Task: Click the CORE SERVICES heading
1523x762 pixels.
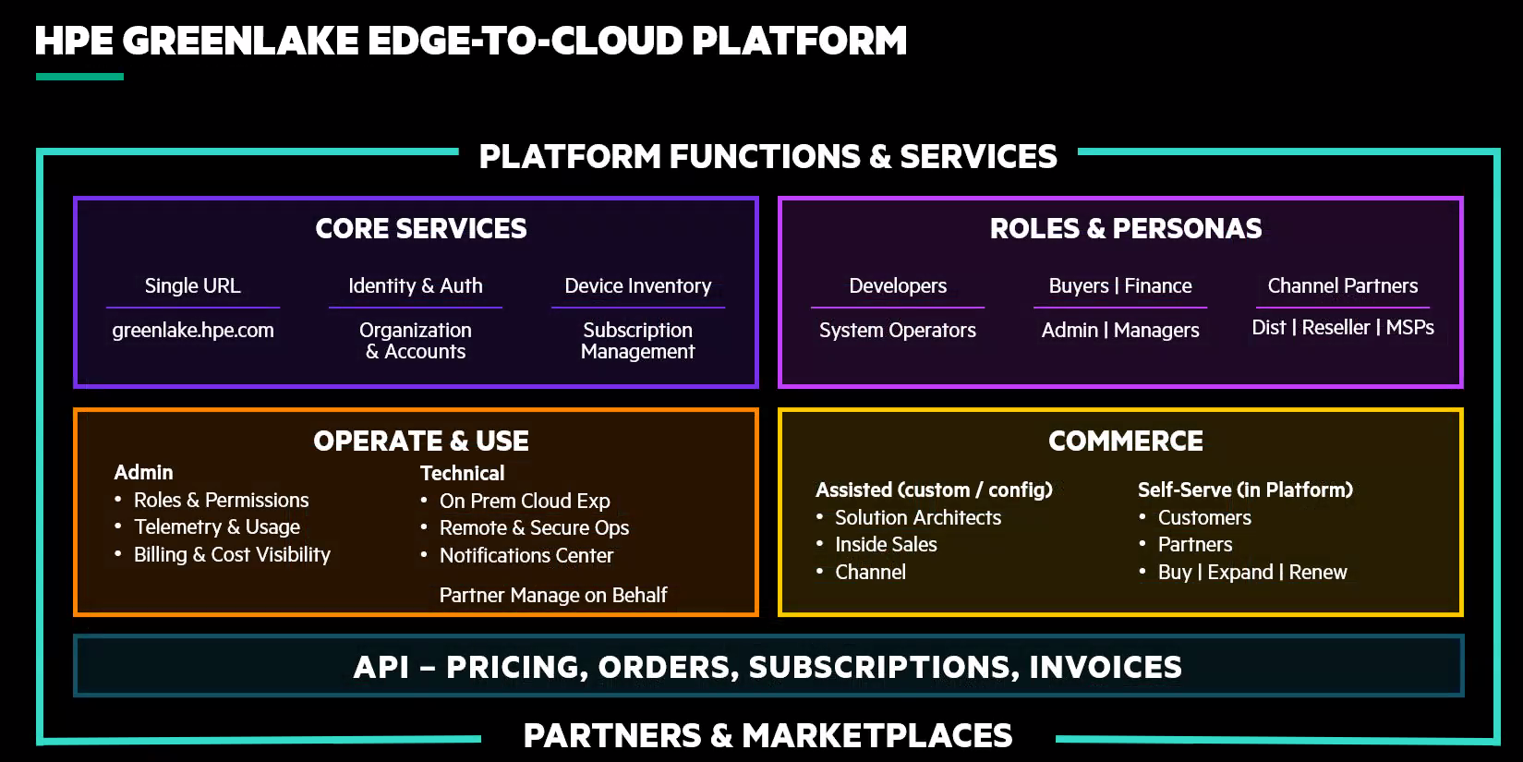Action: tap(421, 229)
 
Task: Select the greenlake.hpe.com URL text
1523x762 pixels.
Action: tap(193, 331)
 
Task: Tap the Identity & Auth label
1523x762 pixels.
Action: tap(416, 286)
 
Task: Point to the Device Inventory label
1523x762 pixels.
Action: tap(638, 286)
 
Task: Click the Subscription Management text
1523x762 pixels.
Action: tap(637, 341)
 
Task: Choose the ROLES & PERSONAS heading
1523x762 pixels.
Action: tap(1125, 229)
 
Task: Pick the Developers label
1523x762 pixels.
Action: tap(898, 286)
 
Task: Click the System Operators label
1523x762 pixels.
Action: tap(898, 331)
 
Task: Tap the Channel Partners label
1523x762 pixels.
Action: tap(1342, 286)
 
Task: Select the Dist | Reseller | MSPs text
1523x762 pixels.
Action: tap(1342, 328)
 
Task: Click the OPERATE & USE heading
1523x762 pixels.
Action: tap(421, 441)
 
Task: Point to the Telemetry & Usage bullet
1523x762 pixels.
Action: tap(217, 527)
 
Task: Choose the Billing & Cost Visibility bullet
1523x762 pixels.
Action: tap(232, 555)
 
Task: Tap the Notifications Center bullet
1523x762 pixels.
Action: tap(526, 556)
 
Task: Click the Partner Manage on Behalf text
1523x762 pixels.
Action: tap(553, 596)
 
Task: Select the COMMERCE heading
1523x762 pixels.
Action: tap(1125, 441)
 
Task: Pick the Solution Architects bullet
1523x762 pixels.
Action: tap(918, 518)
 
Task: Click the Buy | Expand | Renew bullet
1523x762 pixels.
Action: tap(1252, 573)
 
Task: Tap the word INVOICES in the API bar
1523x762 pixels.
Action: tap(1106, 668)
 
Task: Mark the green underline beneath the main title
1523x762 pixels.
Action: tap(79, 77)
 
